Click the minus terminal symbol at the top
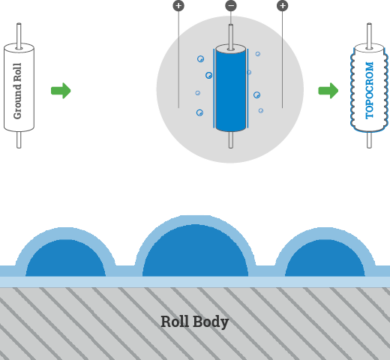[231, 6]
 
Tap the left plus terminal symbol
[178, 6]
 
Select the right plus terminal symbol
[283, 6]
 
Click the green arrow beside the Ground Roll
[61, 91]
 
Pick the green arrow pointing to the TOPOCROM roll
[328, 91]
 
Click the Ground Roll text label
[17, 91]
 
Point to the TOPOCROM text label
[369, 90]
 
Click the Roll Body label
[194, 322]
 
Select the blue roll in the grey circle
[231, 88]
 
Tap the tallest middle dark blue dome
[195, 250]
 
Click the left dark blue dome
[65, 258]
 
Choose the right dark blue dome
[325, 258]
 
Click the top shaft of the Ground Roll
[19, 36]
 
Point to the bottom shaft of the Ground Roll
[19, 139]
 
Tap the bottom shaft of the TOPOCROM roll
[369, 139]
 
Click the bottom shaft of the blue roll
[231, 139]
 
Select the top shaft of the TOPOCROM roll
[369, 36]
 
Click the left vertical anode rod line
[178, 59]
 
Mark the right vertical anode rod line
[283, 59]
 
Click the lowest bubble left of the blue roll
[199, 112]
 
